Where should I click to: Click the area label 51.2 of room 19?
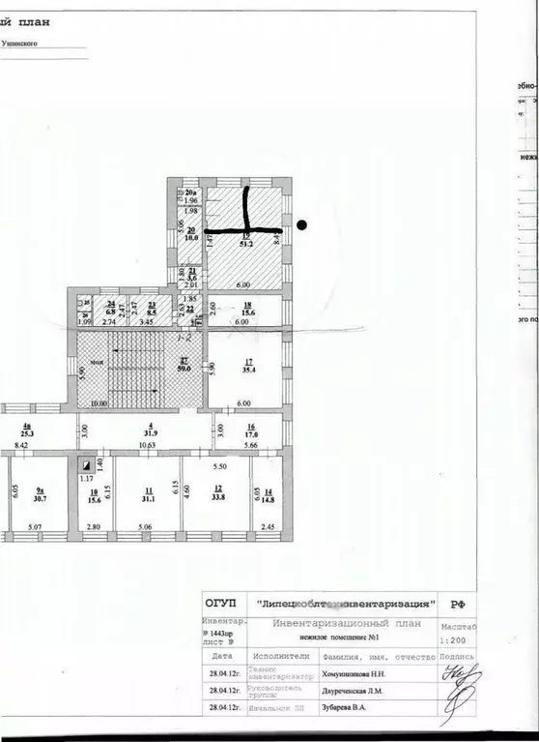click(245, 244)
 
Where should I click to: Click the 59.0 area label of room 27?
click(184, 367)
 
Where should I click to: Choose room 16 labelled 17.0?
click(250, 434)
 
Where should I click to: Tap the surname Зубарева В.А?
click(345, 709)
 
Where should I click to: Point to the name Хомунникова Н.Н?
click(355, 671)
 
